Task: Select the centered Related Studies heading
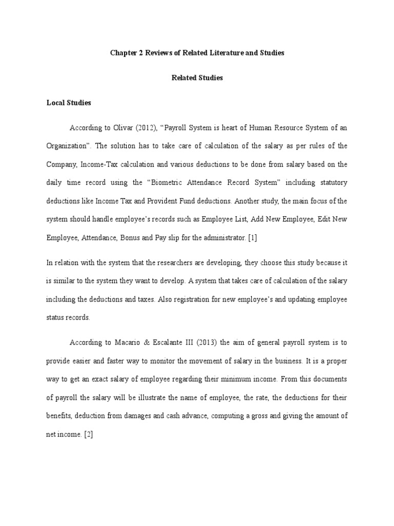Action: (x=197, y=78)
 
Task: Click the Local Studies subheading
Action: (x=69, y=103)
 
